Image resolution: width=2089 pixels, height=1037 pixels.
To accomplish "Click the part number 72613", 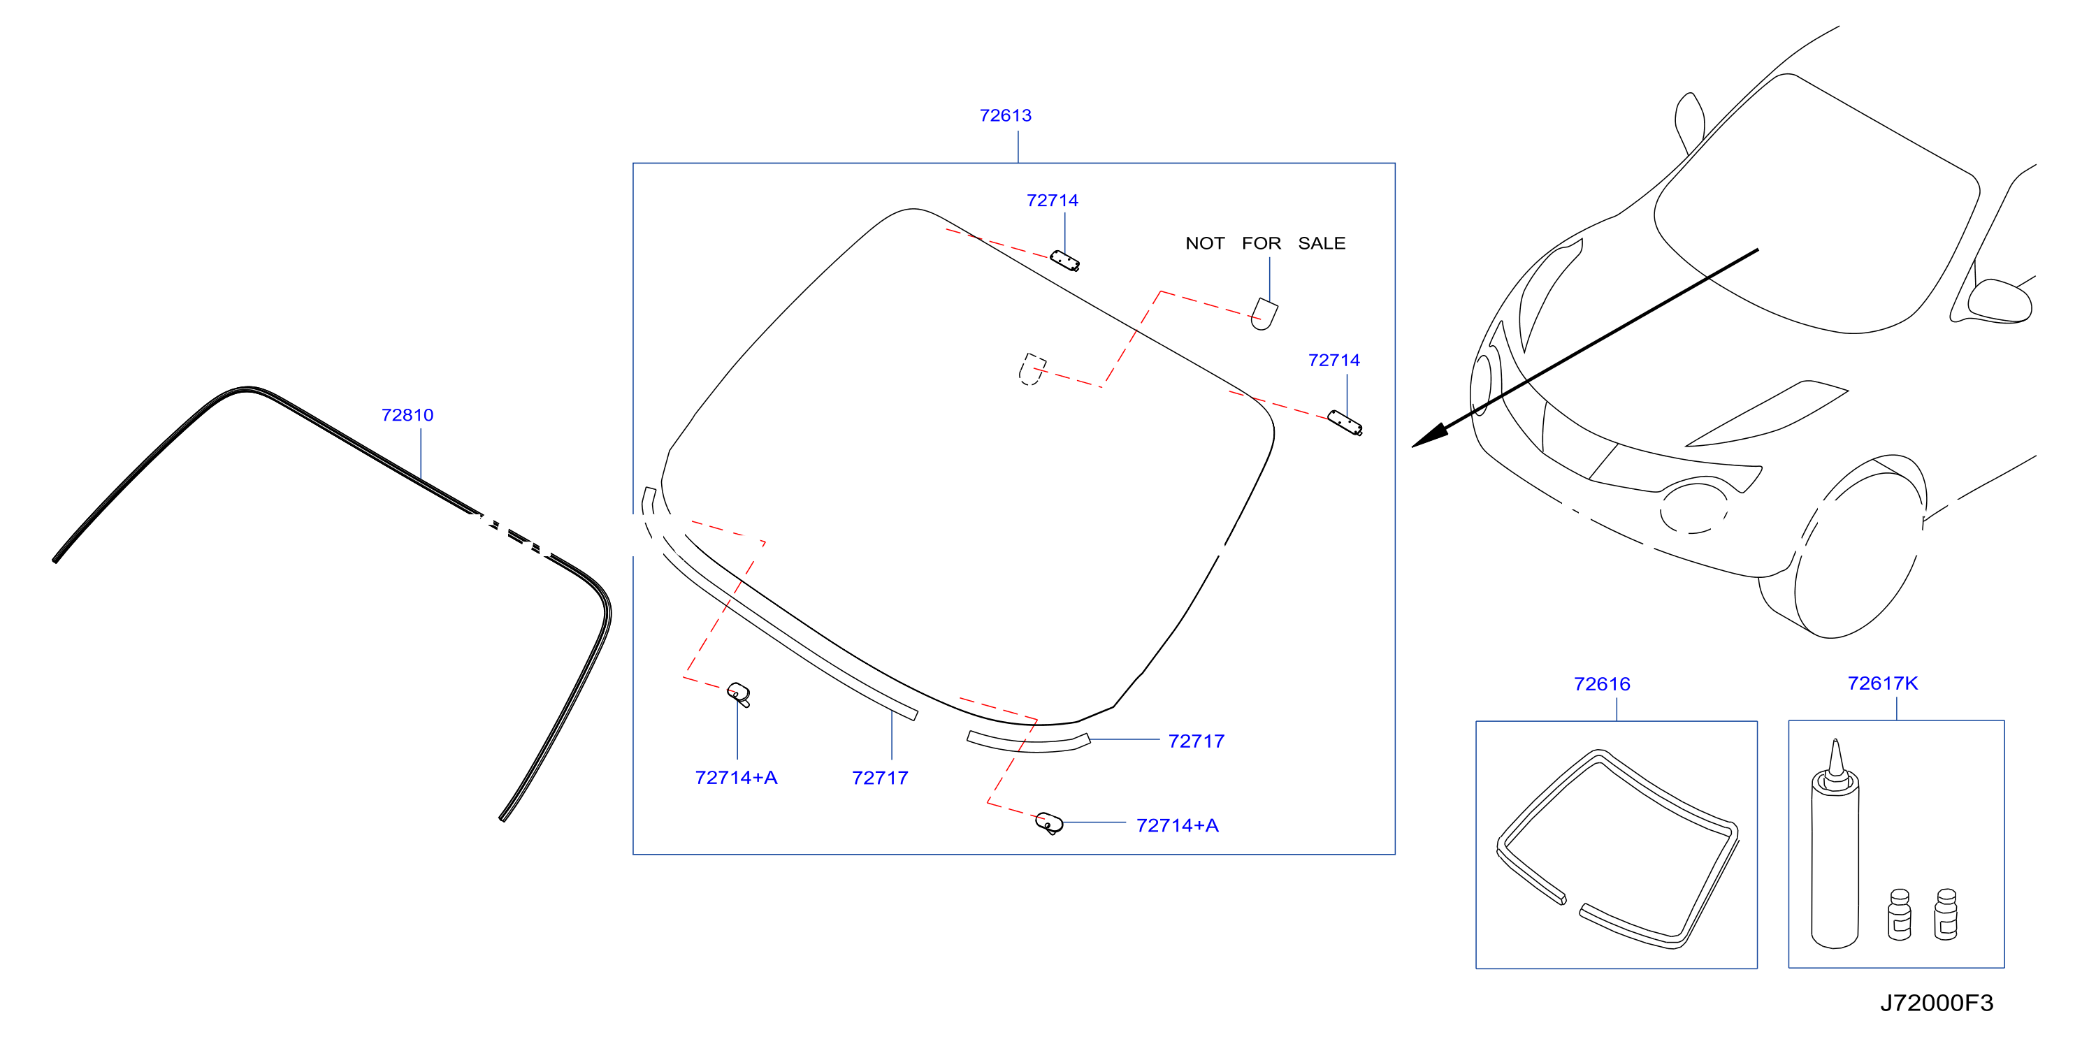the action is [x=1005, y=115].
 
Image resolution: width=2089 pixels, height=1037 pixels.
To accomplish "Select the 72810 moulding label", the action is [x=407, y=415].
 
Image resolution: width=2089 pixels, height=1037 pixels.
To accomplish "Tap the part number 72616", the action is [x=1602, y=683].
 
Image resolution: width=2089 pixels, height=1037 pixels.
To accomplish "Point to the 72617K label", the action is [x=1882, y=683].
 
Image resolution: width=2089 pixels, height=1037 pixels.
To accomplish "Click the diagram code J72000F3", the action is [x=1937, y=1003].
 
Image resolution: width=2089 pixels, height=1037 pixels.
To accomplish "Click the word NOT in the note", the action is [x=1205, y=243].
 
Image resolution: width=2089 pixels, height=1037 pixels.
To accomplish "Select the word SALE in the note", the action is [x=1322, y=243].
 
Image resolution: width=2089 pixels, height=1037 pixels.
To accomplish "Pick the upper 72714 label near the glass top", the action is [x=1052, y=201].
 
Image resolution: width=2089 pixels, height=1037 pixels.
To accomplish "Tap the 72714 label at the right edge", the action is [x=1334, y=360].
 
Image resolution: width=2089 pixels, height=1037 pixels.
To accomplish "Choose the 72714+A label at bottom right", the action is [x=1177, y=825].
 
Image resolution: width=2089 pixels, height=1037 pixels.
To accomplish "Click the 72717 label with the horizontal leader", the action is [x=1196, y=741].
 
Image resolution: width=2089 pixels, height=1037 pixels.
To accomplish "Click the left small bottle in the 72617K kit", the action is [x=1899, y=915].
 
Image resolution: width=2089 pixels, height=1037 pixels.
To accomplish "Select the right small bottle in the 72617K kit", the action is [x=1946, y=915].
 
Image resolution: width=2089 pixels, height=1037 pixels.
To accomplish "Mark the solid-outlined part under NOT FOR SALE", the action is [x=1264, y=314].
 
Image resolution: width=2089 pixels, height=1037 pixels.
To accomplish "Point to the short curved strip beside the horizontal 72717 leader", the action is [x=1028, y=742].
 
